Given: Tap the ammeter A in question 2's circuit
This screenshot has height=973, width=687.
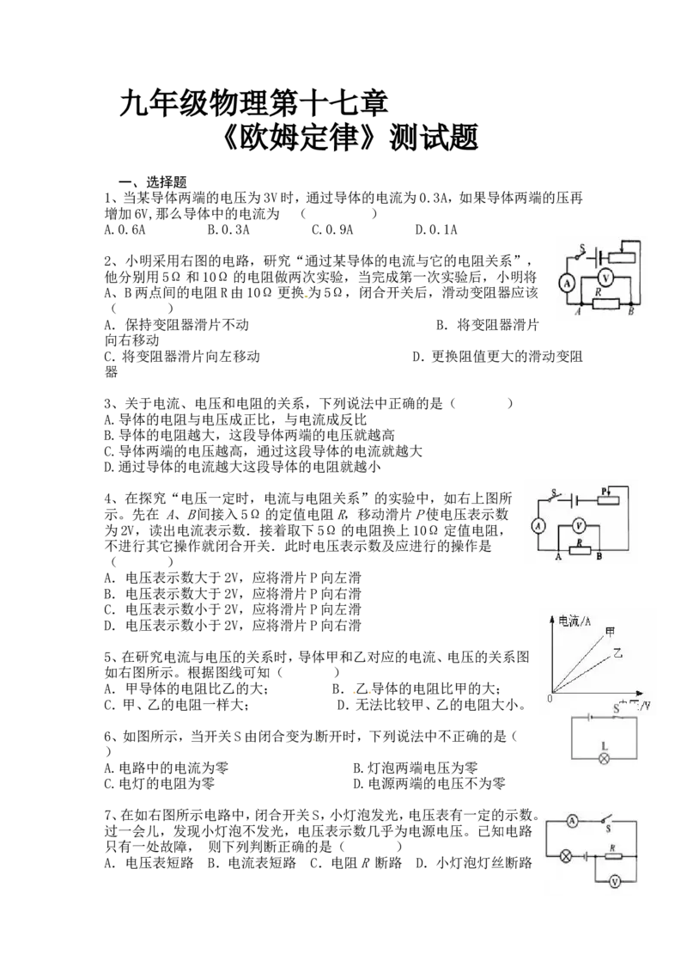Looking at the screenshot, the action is (x=567, y=284).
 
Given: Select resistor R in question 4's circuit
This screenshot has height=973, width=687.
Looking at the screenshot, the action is (x=580, y=549).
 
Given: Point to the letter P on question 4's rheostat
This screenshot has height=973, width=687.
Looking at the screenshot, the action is (x=604, y=491).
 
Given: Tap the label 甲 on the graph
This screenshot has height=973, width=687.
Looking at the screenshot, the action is (x=610, y=633).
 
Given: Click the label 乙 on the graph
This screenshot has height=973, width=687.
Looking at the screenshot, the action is (x=617, y=652).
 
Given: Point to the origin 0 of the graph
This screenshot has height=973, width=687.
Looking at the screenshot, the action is (x=550, y=698).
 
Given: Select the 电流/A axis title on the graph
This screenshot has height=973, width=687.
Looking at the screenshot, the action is (x=575, y=621).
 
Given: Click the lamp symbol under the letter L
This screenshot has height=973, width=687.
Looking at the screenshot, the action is (x=604, y=757).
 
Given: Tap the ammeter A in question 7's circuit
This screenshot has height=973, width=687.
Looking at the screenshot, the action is (x=572, y=821).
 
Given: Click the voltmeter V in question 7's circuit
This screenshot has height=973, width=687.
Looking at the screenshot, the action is (x=615, y=881).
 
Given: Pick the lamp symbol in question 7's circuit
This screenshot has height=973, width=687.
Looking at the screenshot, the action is (x=565, y=856).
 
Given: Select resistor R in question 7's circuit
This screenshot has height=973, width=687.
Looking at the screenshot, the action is (x=612, y=856).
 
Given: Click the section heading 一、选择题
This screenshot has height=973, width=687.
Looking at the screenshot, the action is (x=153, y=182).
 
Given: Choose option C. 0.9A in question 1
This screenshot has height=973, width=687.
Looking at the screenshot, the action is (x=332, y=229).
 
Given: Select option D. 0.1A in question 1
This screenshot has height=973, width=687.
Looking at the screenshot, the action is (x=436, y=229).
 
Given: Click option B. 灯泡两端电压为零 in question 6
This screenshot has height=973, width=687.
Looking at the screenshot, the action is (x=416, y=768).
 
